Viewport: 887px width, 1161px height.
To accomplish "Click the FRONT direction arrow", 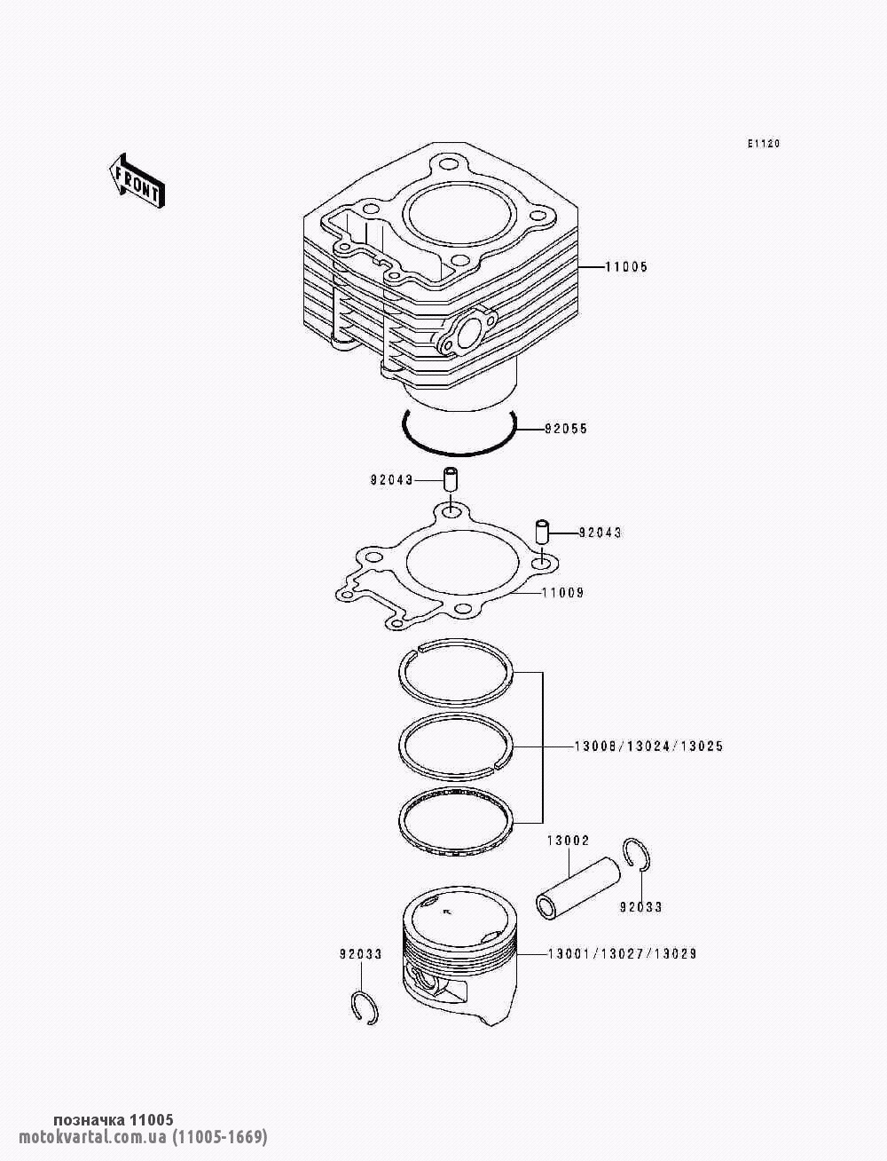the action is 137,180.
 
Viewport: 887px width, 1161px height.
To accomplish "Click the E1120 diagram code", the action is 764,144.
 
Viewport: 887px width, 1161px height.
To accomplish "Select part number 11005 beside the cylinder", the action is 626,266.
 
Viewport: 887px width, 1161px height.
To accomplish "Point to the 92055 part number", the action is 566,429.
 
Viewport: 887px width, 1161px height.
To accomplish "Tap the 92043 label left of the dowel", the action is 392,480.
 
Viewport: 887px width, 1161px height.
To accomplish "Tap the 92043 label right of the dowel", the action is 600,532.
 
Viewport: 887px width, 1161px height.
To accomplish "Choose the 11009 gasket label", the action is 563,593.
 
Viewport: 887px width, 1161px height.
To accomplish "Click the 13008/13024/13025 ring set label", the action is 648,746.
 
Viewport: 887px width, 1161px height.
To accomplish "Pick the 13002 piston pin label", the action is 568,841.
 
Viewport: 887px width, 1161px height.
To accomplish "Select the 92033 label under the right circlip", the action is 641,908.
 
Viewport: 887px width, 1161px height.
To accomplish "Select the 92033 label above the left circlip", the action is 360,954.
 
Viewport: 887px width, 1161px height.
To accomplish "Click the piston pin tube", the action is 577,889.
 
